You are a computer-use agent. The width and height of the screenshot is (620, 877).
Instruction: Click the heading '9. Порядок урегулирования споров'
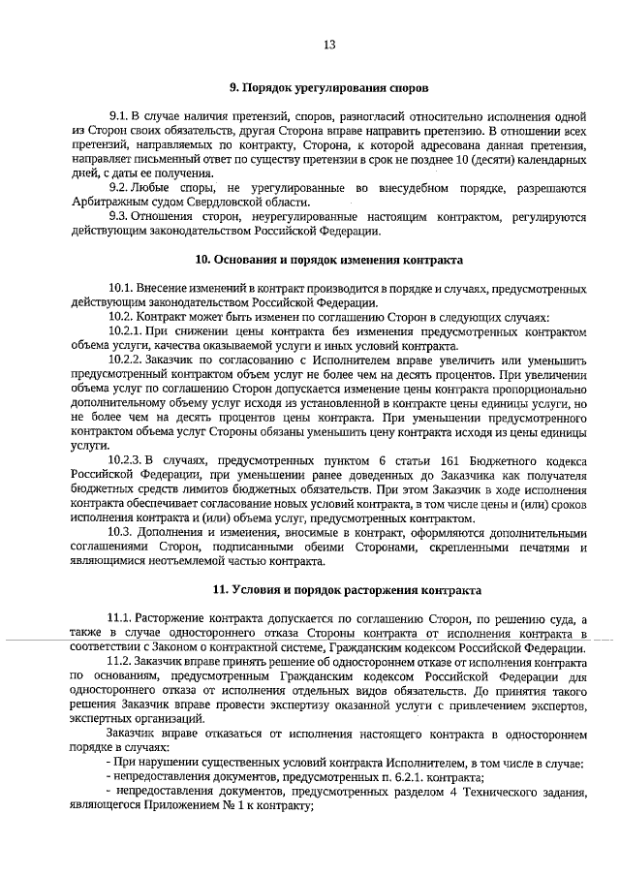click(x=327, y=87)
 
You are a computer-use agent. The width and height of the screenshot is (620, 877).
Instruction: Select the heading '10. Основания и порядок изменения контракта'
click(x=328, y=260)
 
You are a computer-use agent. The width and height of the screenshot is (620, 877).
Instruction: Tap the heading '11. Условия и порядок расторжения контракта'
click(x=328, y=589)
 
